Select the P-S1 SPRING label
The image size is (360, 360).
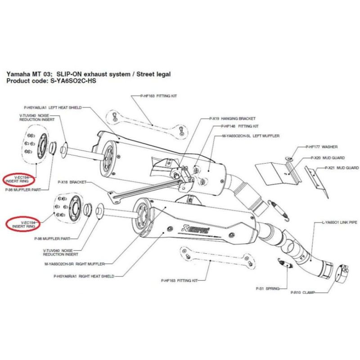pos(267,288)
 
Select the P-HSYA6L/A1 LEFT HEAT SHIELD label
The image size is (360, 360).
pos(53,108)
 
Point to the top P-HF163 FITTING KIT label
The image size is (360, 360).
pos(157,96)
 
